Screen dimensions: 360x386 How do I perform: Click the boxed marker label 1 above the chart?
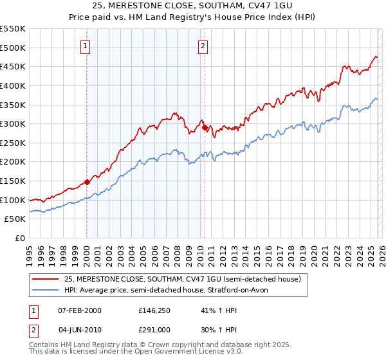click(x=86, y=46)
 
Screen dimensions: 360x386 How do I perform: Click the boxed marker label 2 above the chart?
click(x=203, y=46)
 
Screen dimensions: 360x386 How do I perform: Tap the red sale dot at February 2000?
click(x=87, y=182)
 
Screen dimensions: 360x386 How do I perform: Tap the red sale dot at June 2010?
click(x=205, y=127)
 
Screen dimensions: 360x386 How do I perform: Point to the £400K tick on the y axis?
click(x=14, y=85)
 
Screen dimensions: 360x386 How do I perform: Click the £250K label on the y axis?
click(x=14, y=143)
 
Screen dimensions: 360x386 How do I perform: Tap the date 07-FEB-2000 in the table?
click(x=78, y=310)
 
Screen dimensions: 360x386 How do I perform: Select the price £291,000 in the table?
click(x=154, y=329)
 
